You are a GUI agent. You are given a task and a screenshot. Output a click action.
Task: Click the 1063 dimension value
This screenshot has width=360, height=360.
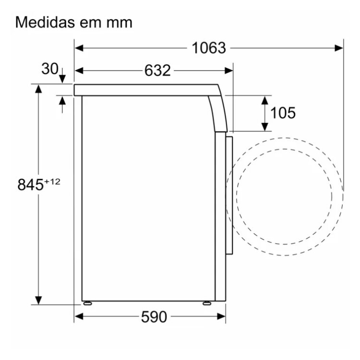209,48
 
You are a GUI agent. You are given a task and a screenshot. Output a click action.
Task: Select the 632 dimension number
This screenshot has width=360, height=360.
157,70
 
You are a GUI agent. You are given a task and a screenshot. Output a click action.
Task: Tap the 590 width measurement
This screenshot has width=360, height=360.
154,317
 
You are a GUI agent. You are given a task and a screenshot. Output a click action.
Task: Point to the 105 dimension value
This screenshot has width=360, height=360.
283,113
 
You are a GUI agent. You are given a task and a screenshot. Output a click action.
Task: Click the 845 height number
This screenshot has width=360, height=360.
30,184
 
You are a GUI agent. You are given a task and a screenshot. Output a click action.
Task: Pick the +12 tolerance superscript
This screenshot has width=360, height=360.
52,181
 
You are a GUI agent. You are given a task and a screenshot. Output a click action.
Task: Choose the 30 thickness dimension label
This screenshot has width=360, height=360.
50,69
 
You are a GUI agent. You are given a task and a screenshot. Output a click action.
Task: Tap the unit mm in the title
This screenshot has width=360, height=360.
120,24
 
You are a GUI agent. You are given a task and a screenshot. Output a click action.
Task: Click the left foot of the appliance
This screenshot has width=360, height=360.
87,303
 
